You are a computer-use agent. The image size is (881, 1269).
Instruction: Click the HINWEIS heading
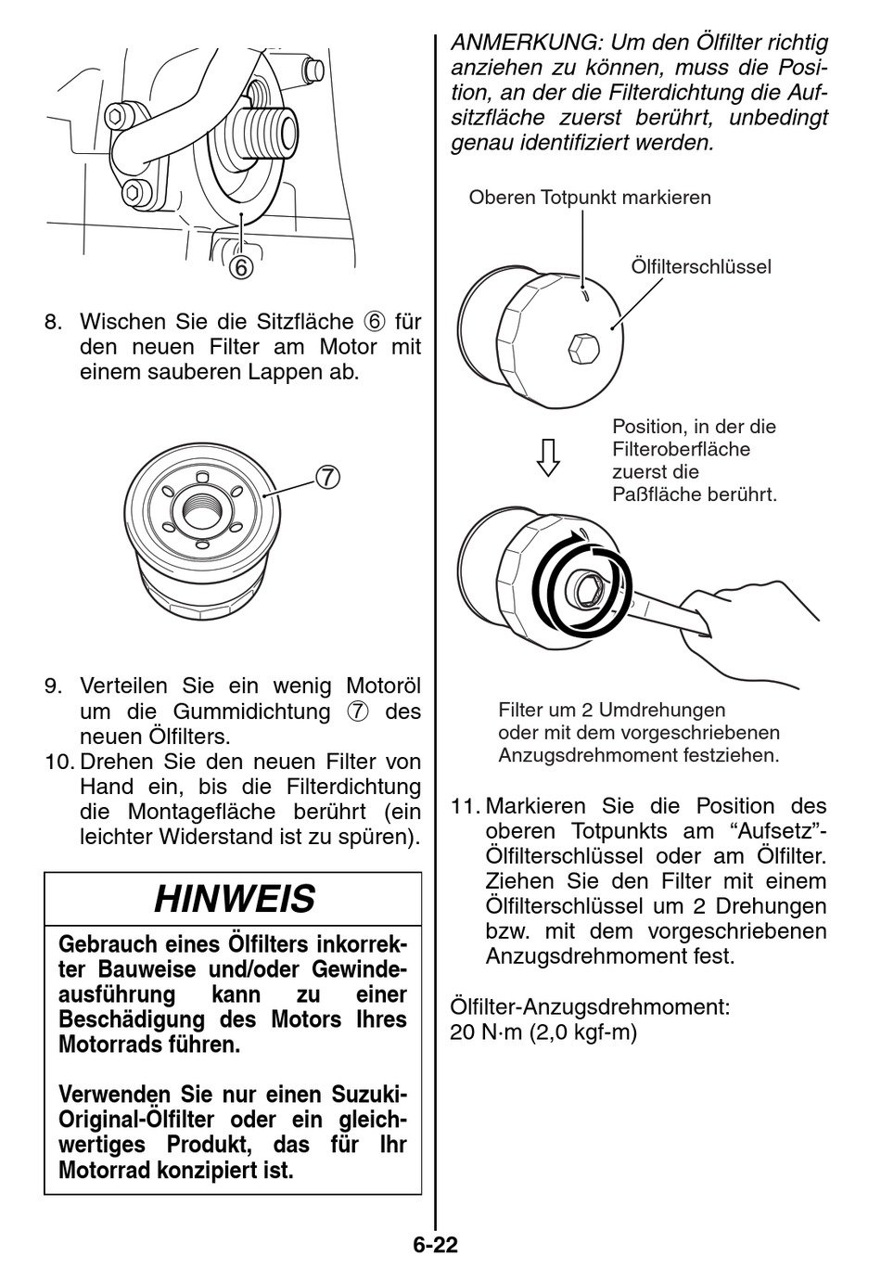234,899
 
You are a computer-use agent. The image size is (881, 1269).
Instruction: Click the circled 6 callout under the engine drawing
240,267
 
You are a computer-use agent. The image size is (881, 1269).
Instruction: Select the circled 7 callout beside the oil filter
327,477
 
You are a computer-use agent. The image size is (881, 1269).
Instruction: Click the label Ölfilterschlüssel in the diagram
701,267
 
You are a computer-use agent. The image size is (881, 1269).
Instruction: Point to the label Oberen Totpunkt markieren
590,198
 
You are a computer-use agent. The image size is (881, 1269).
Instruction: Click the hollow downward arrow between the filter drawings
549,456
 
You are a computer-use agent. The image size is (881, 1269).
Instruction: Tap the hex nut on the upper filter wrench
582,349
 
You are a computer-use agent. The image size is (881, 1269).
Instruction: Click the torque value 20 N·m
486,1032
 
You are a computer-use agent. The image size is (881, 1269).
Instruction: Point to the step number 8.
54,322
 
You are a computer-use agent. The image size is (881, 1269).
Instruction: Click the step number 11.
464,806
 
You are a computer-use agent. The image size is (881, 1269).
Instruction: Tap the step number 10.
58,762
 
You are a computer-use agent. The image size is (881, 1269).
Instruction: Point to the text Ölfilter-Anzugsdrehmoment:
590,1006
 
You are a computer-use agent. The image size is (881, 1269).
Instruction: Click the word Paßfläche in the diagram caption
656,493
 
